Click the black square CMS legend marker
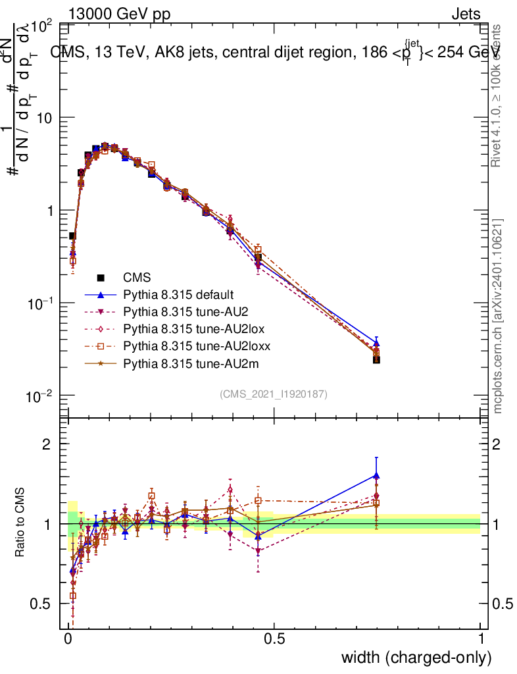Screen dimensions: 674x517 [x=101, y=277]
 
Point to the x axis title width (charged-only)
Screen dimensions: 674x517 [x=416, y=658]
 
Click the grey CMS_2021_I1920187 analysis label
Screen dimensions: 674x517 [x=274, y=394]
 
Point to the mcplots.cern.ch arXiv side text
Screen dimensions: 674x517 [x=499, y=316]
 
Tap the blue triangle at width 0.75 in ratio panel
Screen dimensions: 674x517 [x=376, y=475]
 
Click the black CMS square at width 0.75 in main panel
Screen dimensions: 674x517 [x=376, y=359]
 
